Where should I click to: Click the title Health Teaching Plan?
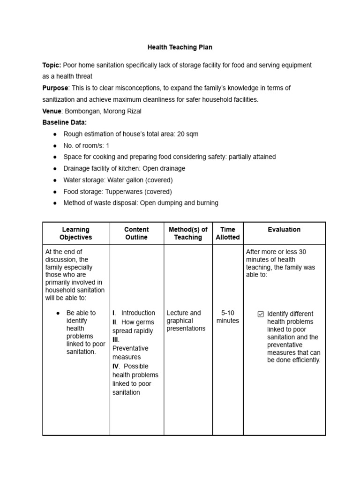pos(180,47)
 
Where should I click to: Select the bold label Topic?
pos(52,65)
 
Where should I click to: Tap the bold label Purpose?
pos(55,88)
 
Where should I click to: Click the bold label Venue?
pos(52,111)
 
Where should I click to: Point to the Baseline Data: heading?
pos(65,122)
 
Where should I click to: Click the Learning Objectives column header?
pos(75,233)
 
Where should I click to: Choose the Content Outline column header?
pos(136,233)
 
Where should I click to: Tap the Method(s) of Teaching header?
pos(188,233)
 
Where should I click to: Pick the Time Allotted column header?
pos(228,233)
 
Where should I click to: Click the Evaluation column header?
pos(284,230)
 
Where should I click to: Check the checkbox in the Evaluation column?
pos(261,314)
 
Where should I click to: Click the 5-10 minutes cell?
pos(228,317)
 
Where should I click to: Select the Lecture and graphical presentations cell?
pos(186,321)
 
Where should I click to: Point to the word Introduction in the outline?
pos(138,313)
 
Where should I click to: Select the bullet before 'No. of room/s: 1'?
pos(55,146)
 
